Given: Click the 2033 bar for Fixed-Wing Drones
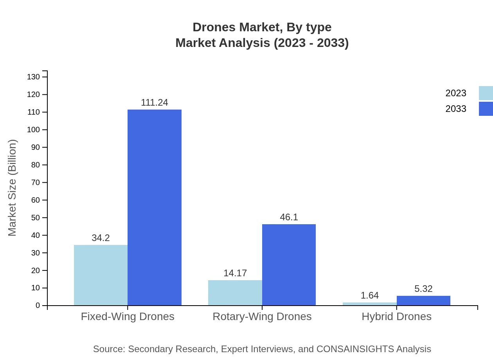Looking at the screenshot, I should [155, 207].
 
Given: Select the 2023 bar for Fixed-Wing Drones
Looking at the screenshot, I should [101, 275].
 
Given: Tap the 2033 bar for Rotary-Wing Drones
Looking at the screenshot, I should [289, 265].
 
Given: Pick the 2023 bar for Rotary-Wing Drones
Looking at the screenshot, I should [235, 293].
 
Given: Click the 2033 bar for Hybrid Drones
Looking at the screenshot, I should [423, 301].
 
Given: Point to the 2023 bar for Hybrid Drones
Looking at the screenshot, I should [369, 304].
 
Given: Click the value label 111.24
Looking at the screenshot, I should [155, 103].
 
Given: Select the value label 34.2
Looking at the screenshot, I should [101, 238].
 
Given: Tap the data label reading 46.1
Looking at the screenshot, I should [289, 217].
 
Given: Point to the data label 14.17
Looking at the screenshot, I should [235, 273].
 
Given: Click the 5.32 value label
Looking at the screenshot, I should [423, 289].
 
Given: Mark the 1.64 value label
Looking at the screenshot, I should [369, 295].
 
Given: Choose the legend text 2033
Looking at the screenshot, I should [456, 109].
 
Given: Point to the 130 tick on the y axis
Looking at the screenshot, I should [34, 77].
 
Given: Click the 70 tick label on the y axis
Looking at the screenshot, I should [36, 182].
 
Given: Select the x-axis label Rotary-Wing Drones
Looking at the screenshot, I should [262, 316].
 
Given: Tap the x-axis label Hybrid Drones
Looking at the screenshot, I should [396, 316].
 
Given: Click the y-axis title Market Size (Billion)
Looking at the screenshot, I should [12, 188].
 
